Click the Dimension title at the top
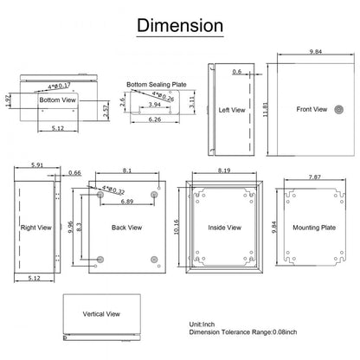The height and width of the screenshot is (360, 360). pyautogui.click(x=179, y=26)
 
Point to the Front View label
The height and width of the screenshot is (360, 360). pyautogui.click(x=312, y=110)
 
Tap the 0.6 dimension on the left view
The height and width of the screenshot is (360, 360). pyautogui.click(x=236, y=72)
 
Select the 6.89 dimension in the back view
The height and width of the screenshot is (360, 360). pyautogui.click(x=127, y=202)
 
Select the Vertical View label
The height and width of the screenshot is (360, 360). pyautogui.click(x=101, y=314)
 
